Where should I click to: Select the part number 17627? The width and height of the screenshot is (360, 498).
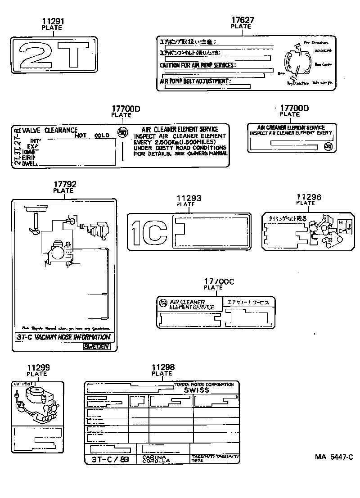click(x=243, y=20)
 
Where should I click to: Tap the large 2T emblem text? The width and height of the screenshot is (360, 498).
click(x=54, y=55)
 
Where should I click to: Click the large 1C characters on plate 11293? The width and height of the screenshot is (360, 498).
click(x=149, y=231)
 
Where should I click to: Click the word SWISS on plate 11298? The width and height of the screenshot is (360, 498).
click(x=197, y=390)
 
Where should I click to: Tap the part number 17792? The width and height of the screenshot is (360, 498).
click(x=65, y=184)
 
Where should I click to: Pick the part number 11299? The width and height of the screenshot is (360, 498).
click(x=37, y=367)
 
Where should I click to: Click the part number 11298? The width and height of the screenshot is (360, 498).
click(x=163, y=367)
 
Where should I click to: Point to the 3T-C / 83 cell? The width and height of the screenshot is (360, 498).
click(x=110, y=459)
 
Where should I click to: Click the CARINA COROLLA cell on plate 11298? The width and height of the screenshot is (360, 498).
click(x=157, y=459)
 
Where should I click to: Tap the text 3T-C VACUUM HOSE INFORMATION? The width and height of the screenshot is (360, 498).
click(x=63, y=337)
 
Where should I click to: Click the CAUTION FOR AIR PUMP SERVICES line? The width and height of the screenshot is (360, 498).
click(x=198, y=65)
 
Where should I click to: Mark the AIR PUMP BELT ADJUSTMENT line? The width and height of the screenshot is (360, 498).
click(x=195, y=81)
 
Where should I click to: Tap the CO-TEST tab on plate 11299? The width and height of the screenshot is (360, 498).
click(x=20, y=384)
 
